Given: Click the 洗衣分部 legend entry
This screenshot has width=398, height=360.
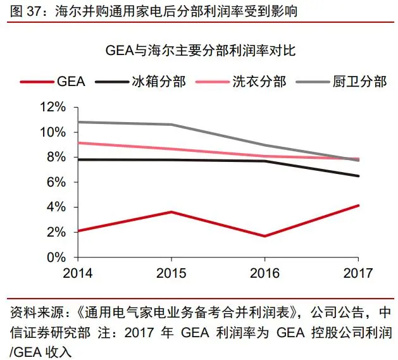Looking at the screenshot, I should click(259, 82).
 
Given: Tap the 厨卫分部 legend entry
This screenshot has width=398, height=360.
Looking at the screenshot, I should click(359, 82).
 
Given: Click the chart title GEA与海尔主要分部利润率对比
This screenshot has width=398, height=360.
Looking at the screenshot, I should click(199, 51).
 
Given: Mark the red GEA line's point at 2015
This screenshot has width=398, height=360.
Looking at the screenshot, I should click(171, 212).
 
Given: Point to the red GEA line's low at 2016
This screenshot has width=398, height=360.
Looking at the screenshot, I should click(264, 236).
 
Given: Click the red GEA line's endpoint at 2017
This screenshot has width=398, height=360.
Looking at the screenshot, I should click(358, 206).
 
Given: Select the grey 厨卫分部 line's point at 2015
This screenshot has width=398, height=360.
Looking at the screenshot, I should click(171, 125).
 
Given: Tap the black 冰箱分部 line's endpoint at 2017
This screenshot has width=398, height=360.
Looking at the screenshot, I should click(358, 176).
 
